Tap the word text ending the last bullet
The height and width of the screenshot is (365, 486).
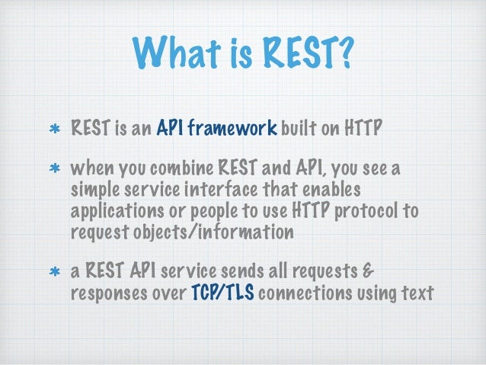coord(415,291)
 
